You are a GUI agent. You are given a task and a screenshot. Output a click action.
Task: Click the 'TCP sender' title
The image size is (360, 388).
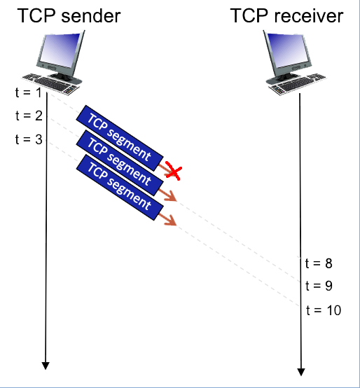[69, 15]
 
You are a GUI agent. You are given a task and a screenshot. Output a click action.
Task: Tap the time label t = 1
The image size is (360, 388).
[28, 92]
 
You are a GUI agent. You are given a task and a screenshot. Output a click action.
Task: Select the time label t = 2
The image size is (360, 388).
[29, 116]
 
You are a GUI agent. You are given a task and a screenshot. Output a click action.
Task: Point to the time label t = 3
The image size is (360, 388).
[29, 139]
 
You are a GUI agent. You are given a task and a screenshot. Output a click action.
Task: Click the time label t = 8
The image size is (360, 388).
[319, 263]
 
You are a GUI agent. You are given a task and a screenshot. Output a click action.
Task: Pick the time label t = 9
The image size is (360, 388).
[319, 286]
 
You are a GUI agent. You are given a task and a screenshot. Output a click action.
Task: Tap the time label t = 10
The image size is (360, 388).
[324, 310]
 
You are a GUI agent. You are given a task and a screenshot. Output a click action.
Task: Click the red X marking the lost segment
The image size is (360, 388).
[174, 170]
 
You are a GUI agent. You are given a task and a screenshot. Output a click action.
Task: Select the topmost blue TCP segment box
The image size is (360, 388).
[120, 138]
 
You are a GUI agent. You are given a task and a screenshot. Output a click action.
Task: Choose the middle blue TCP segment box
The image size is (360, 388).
[120, 162]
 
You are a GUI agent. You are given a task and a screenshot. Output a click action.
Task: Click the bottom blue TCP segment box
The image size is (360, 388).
[120, 187]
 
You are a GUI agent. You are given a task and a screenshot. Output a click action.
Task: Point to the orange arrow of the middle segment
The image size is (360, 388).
[167, 195]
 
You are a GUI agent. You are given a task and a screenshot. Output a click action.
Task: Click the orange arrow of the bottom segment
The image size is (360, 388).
[167, 219]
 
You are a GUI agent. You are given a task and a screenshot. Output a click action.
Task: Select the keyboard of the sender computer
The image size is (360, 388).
[51, 84]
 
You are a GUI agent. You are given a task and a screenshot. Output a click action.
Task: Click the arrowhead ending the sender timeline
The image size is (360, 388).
[46, 366]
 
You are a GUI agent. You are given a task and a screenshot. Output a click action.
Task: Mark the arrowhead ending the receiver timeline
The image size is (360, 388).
[301, 372]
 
